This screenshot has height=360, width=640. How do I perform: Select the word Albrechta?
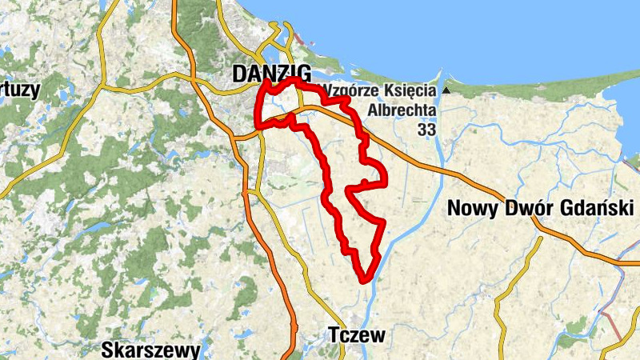(x=403, y=110)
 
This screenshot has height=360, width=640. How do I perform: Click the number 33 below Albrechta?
(x=428, y=129)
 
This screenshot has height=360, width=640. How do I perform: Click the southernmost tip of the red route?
(x=365, y=281)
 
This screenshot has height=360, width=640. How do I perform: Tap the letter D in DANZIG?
(x=238, y=74)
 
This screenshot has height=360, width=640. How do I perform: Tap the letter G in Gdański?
(x=566, y=208)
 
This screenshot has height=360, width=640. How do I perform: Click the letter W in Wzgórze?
(x=327, y=90)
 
